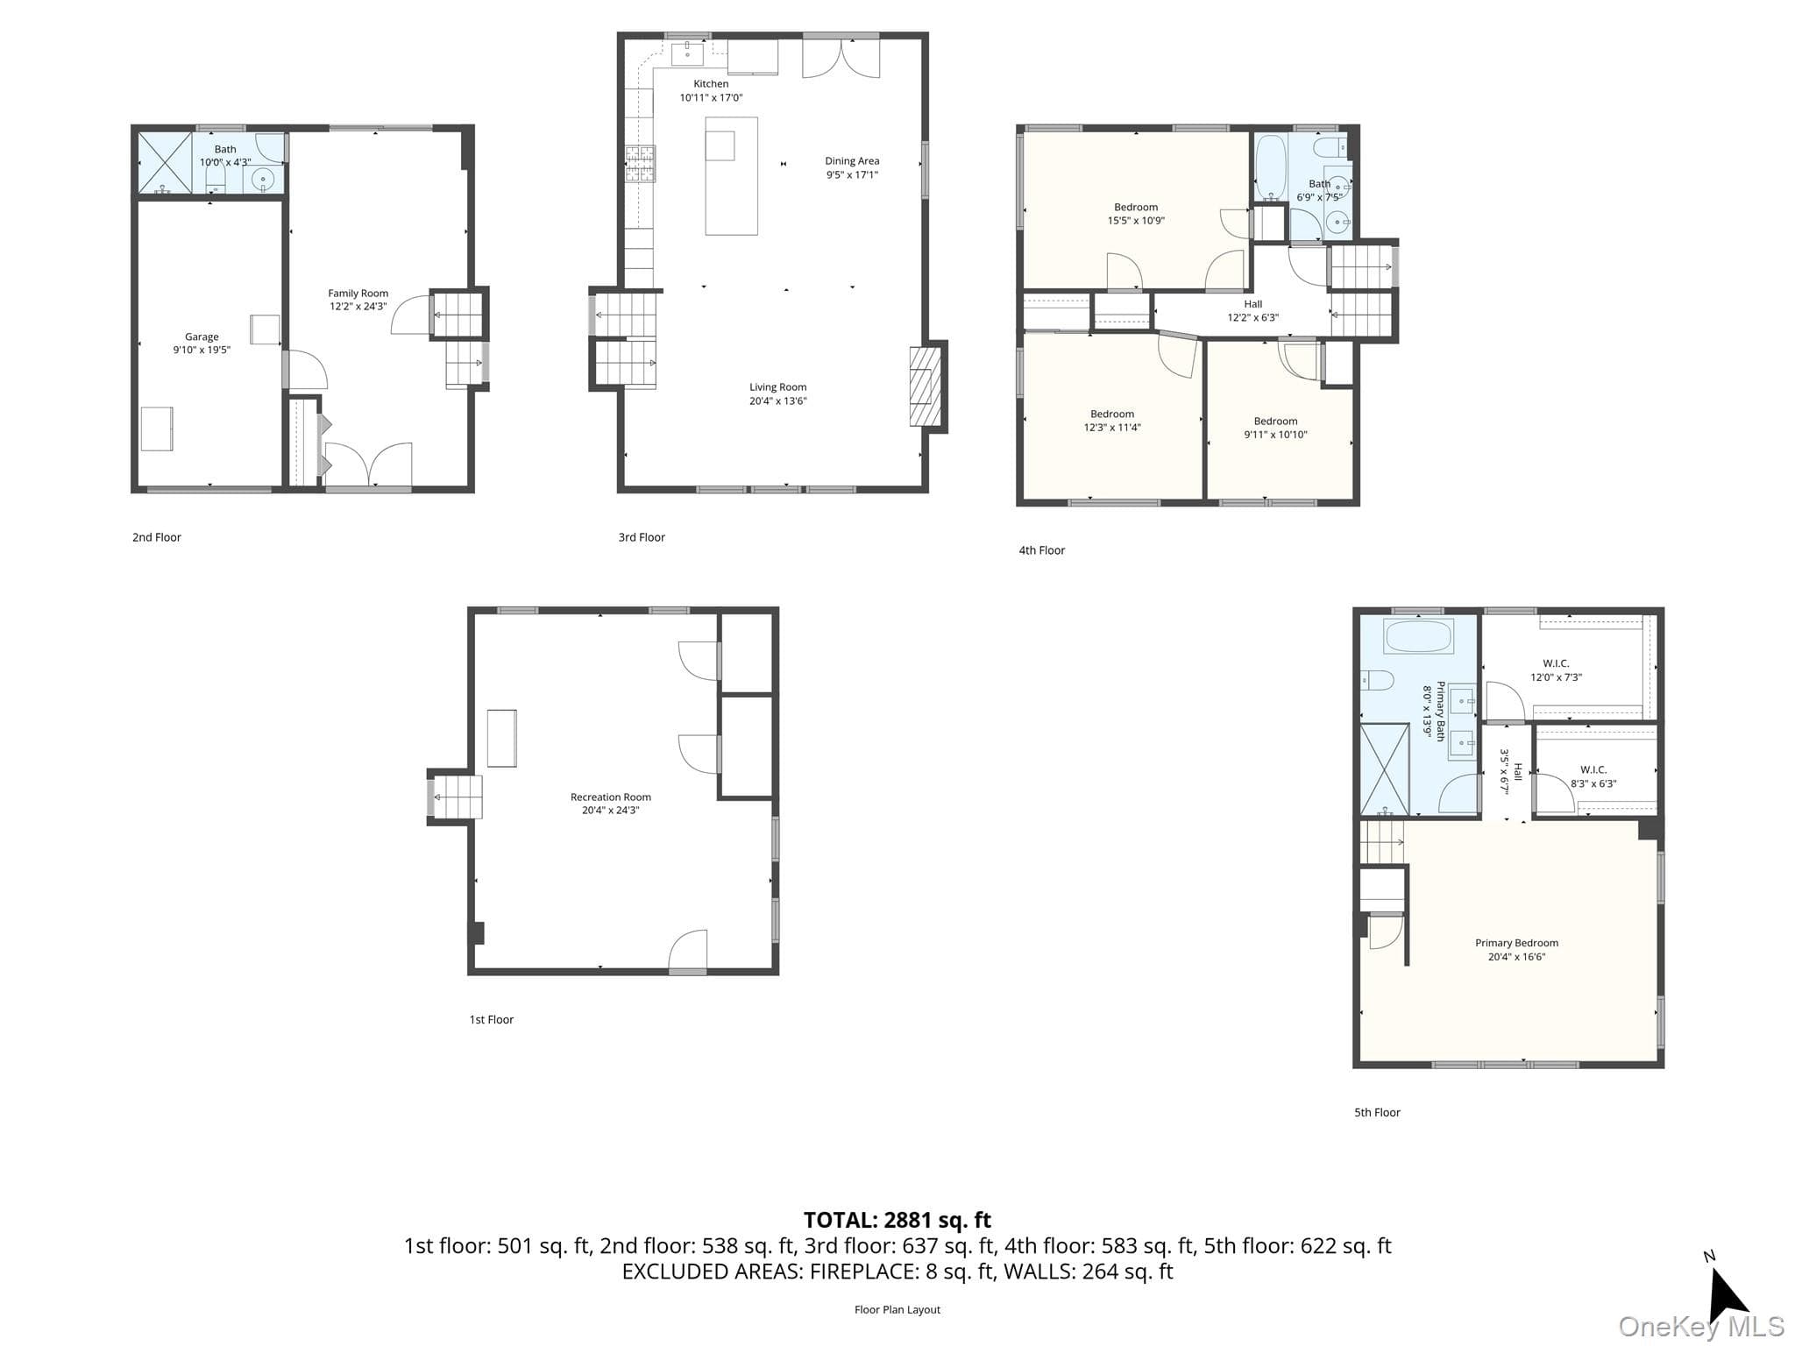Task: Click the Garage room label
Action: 202,336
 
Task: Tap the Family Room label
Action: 358,294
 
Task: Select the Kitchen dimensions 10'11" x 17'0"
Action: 711,98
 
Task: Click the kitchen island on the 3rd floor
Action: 731,176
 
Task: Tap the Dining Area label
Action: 852,161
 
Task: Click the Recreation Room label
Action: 611,797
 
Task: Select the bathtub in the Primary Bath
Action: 1418,635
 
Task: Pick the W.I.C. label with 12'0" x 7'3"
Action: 1556,663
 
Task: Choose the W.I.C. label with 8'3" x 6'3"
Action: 1593,770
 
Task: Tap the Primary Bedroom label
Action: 1516,943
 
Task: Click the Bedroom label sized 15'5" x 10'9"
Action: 1136,208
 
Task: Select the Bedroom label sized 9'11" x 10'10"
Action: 1275,422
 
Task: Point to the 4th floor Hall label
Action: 1253,304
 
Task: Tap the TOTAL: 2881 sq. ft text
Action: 897,1220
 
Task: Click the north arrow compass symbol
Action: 1726,1293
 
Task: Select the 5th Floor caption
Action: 1377,1113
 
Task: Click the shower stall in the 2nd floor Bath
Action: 165,162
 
